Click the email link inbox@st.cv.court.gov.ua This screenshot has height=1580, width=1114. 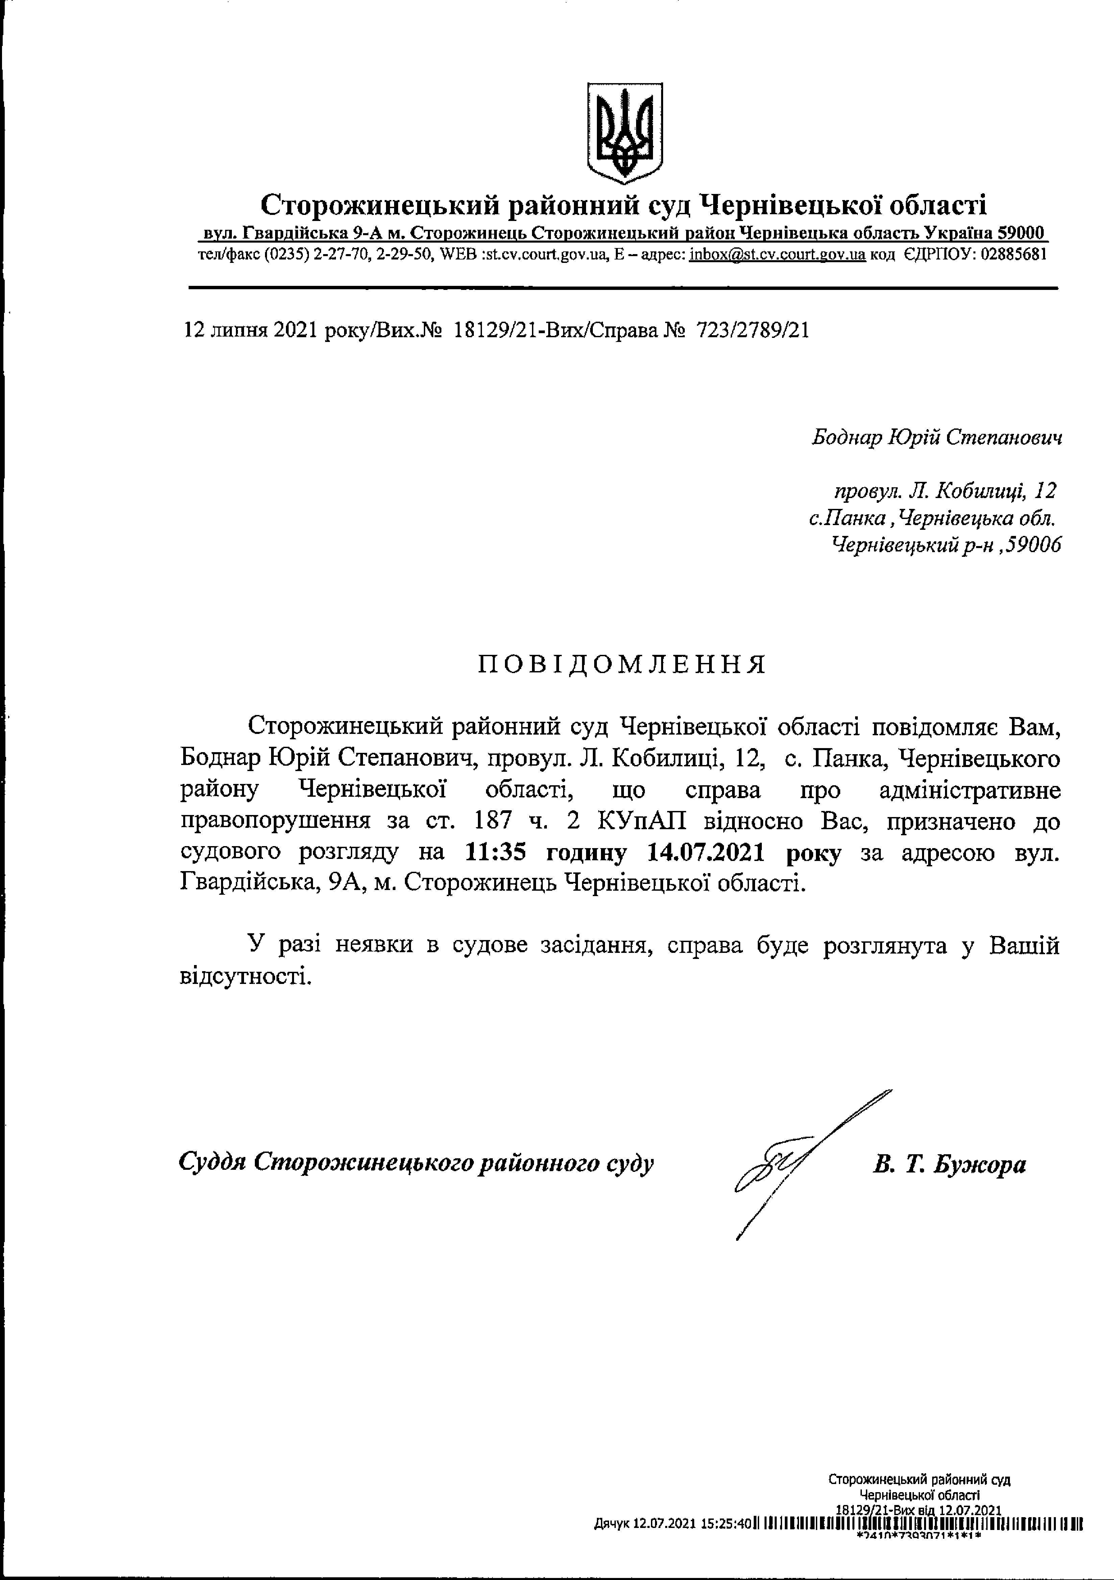[x=777, y=254]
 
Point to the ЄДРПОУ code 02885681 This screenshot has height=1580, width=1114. [x=1014, y=254]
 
